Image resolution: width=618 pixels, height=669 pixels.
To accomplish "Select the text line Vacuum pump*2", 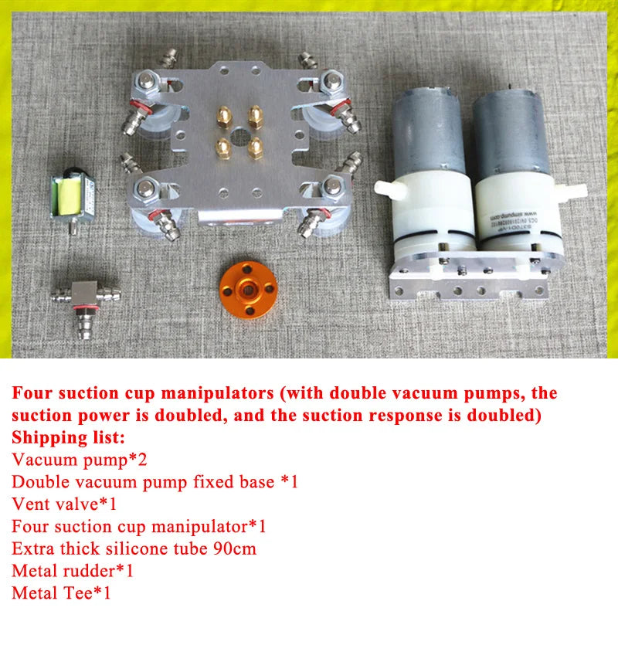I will tap(80, 460).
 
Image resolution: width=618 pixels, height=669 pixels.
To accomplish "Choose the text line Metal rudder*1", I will tap(73, 571).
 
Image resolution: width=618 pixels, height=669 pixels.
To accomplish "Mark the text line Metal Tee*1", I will tap(62, 593).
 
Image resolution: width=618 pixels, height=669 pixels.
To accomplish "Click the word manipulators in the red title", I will tap(217, 393).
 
